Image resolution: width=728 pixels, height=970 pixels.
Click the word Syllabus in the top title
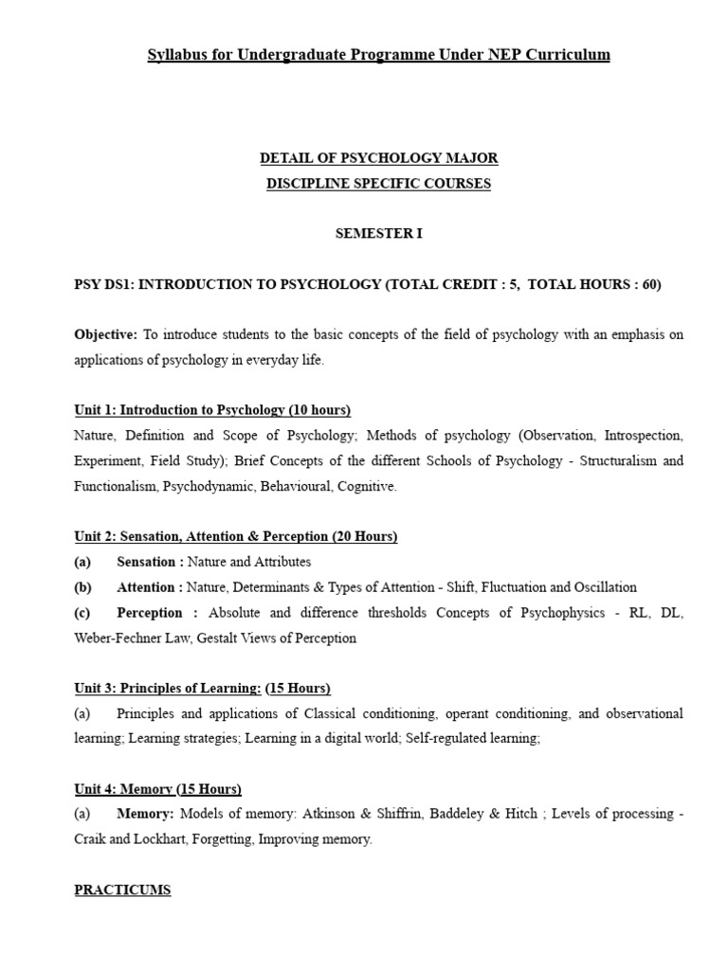[x=176, y=55]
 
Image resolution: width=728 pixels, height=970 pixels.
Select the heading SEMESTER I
[x=378, y=234]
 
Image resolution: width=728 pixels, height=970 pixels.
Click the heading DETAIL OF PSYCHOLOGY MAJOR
[x=378, y=158]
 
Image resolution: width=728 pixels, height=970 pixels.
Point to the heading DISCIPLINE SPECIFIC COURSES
[x=378, y=184]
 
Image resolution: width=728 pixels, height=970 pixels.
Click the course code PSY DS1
[x=102, y=285]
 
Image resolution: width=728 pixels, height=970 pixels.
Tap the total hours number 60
[x=648, y=285]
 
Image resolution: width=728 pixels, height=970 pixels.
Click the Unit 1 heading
[x=212, y=410]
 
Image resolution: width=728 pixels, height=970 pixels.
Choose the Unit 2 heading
[x=236, y=537]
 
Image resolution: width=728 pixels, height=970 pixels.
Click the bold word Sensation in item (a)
[x=146, y=563]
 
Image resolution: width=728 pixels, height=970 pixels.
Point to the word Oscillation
[x=605, y=587]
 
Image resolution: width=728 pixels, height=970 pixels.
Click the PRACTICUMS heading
[x=122, y=890]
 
